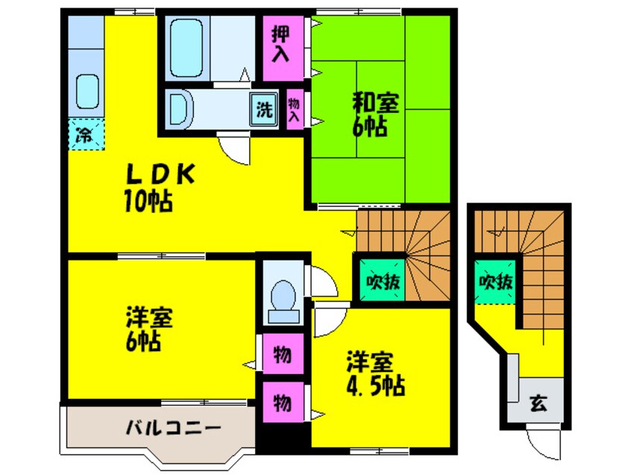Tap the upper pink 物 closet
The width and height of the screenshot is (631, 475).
(x=282, y=354)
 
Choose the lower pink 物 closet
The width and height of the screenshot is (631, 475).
(x=282, y=403)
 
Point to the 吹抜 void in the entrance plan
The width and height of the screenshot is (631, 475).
(x=495, y=283)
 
